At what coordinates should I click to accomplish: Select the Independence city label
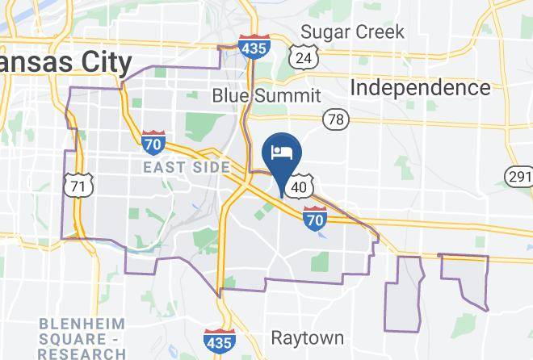pyautogui.click(x=421, y=87)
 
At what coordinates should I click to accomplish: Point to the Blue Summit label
pyautogui.click(x=266, y=95)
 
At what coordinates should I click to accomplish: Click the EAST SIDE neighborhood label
pyautogui.click(x=187, y=167)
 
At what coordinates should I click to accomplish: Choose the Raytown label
pyautogui.click(x=307, y=337)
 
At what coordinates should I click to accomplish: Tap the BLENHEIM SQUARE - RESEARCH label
pyautogui.click(x=82, y=339)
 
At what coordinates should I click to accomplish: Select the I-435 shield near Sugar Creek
pyautogui.click(x=254, y=48)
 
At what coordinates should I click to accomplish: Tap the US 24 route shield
pyautogui.click(x=303, y=58)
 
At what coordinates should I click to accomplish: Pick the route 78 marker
pyautogui.click(x=336, y=119)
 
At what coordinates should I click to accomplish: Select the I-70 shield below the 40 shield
pyautogui.click(x=315, y=218)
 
